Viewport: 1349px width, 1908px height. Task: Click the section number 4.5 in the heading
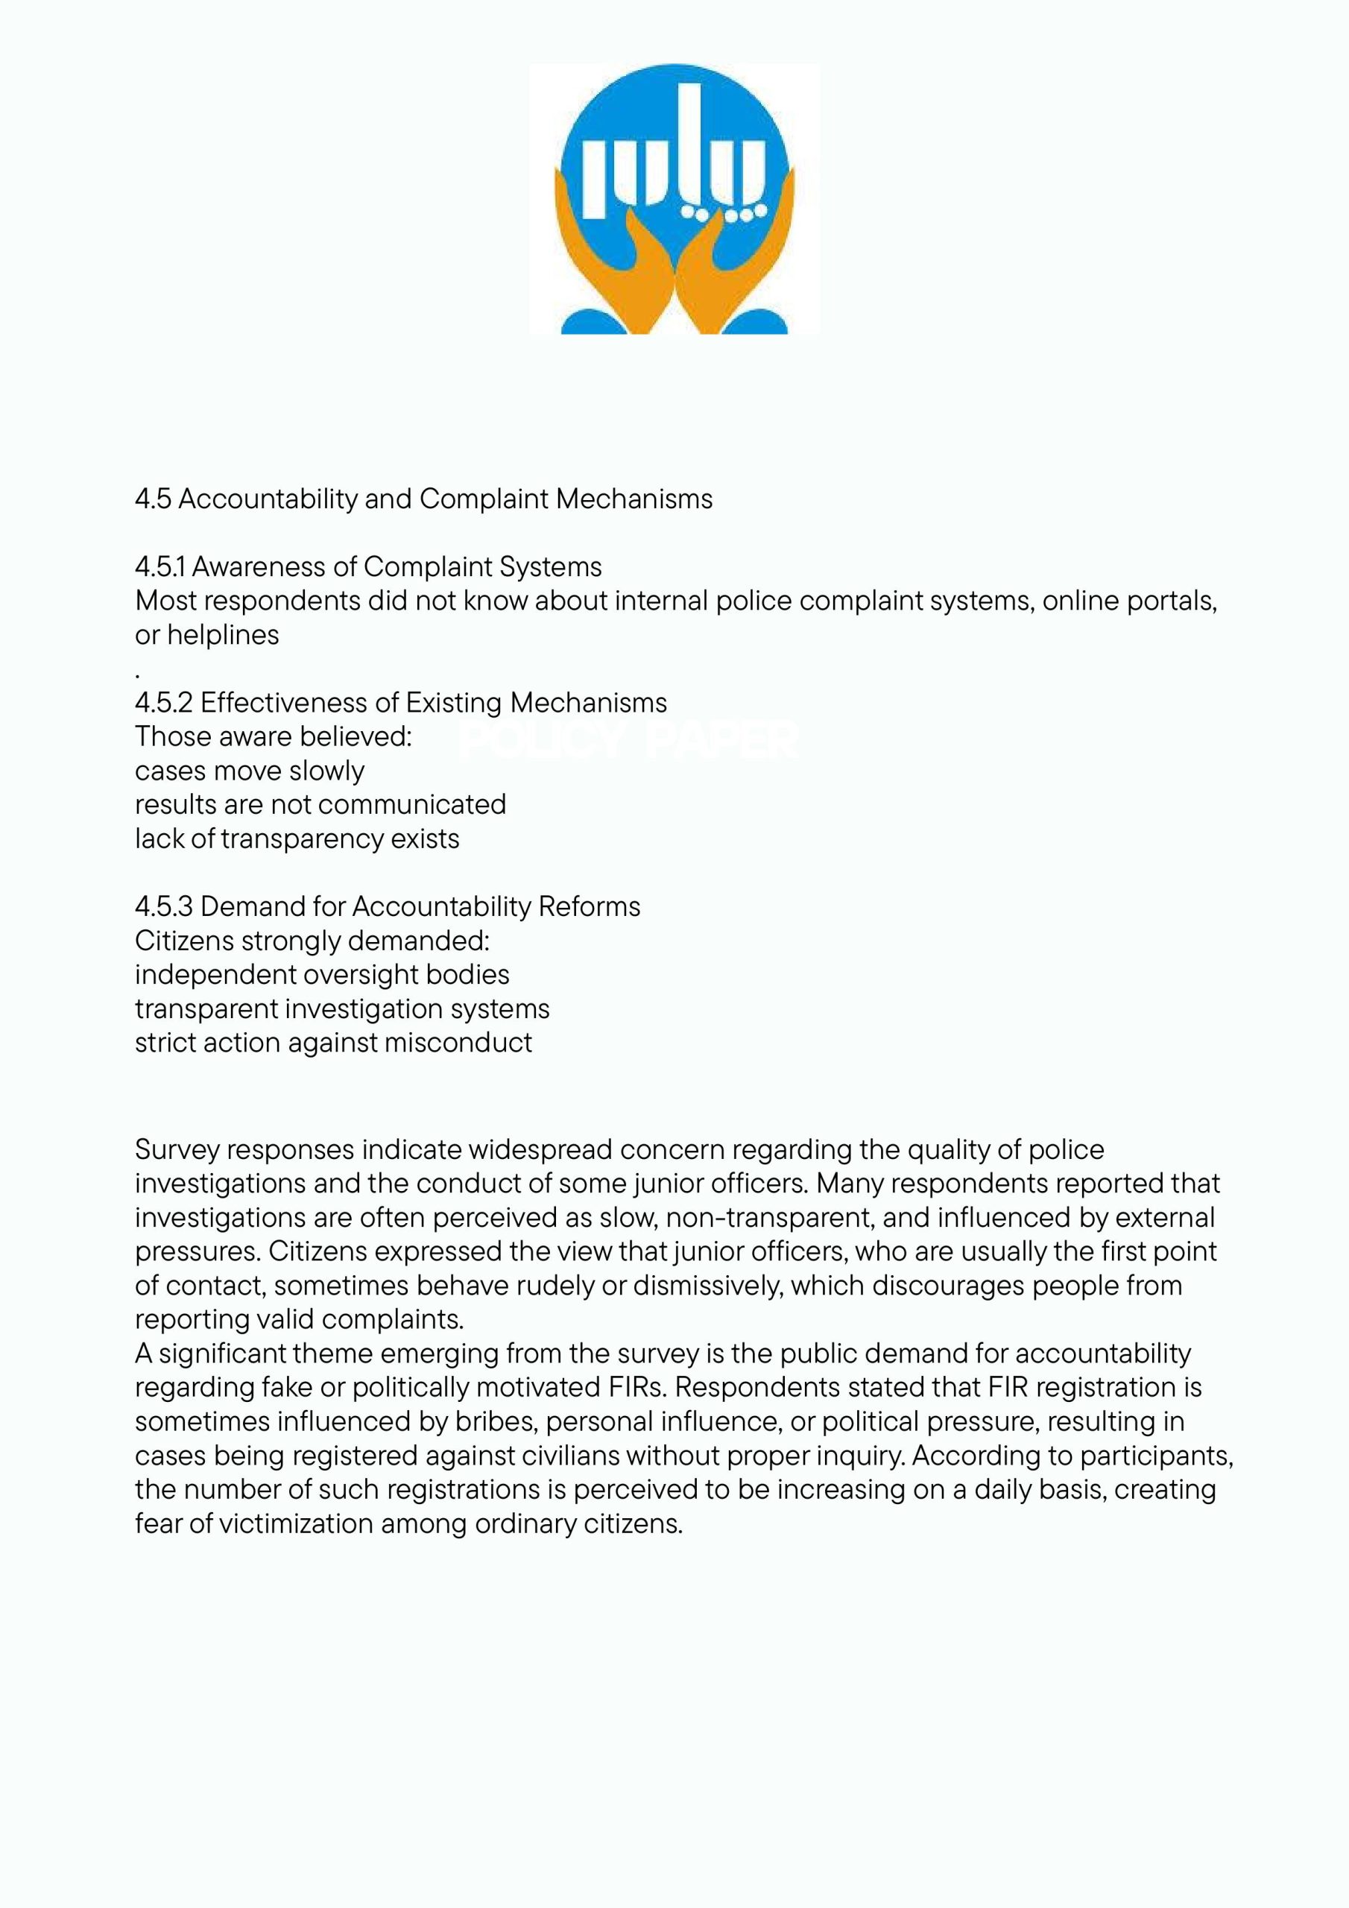[153, 499]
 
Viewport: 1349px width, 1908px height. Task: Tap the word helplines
[223, 635]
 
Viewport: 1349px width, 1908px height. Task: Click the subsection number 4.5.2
[164, 703]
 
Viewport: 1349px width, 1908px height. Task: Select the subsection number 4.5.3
[164, 906]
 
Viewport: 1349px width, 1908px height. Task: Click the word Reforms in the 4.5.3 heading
[590, 906]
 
